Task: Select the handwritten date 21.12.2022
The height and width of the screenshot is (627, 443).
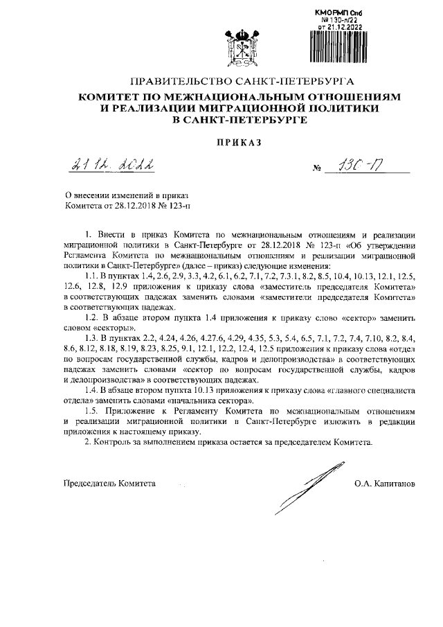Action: [113, 166]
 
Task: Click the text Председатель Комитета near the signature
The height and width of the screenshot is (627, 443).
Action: [110, 482]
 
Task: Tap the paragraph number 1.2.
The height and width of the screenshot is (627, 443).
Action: [92, 317]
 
